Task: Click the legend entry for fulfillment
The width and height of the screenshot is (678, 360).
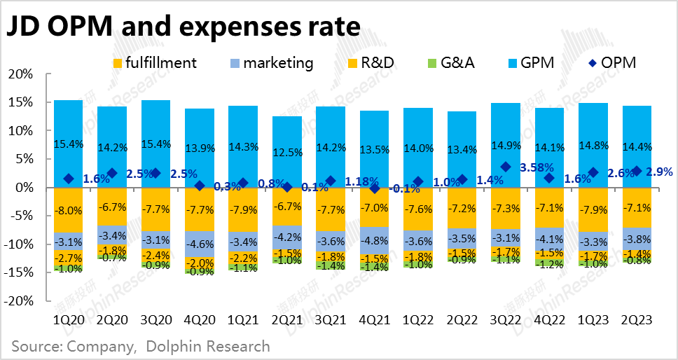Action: pos(154,62)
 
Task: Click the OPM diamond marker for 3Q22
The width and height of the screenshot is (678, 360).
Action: pos(506,167)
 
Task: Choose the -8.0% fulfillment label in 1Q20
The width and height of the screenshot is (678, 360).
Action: pos(68,209)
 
